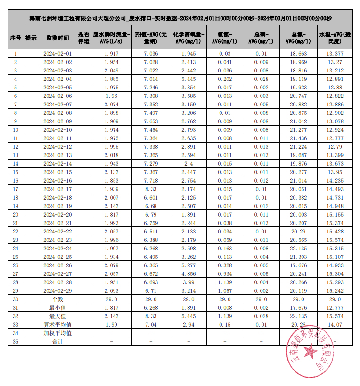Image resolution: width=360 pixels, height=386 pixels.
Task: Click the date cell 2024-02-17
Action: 57,189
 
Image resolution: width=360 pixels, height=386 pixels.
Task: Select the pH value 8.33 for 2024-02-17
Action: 150,189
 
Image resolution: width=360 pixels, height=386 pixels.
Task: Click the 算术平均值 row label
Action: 57,324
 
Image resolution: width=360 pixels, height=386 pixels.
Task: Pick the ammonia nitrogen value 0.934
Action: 225,273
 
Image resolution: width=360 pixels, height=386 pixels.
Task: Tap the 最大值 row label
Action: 57,316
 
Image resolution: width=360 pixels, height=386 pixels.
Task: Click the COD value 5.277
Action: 188,265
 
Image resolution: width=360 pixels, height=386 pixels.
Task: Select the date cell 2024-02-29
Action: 57,290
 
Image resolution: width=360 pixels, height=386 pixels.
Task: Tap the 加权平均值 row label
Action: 57,333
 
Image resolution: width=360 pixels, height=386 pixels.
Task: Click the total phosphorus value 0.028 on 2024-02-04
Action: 261,79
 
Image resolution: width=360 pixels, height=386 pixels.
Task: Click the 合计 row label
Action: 57,341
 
